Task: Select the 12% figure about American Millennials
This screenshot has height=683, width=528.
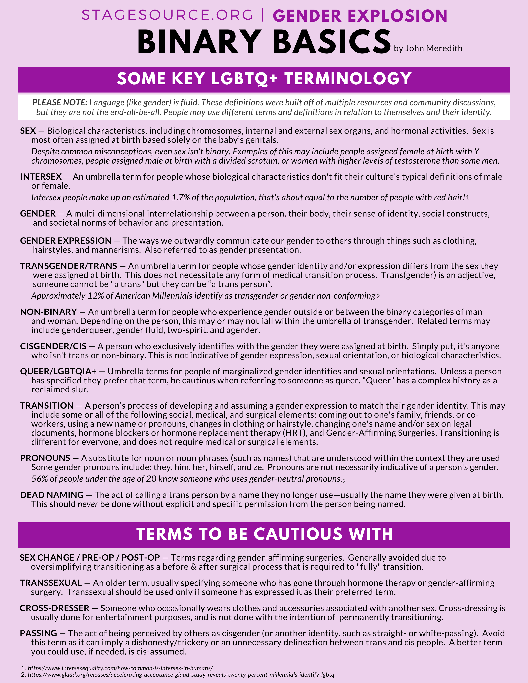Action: coord(96,296)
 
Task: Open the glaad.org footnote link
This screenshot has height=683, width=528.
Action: coord(181,675)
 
